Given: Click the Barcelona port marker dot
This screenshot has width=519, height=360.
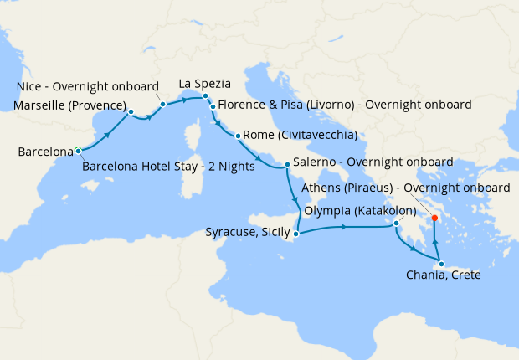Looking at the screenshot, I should [x=78, y=151].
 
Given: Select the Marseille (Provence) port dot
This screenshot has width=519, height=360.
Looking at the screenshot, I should [x=131, y=111].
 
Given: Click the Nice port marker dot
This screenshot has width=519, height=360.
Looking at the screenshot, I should [x=162, y=104].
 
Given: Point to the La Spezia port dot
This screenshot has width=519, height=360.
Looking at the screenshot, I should [x=205, y=96].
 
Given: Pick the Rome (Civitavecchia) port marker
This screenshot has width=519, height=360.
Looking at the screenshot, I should [x=239, y=136].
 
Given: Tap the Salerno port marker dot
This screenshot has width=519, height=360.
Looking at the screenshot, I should [x=287, y=165].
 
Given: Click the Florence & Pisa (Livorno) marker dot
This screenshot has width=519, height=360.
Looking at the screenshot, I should [x=213, y=107].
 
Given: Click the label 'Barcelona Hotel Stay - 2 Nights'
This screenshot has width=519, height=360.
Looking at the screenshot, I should [x=168, y=167].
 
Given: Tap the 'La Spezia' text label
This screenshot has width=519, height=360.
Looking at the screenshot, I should [x=205, y=84].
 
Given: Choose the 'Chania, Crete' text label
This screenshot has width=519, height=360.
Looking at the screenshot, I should [x=444, y=275].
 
